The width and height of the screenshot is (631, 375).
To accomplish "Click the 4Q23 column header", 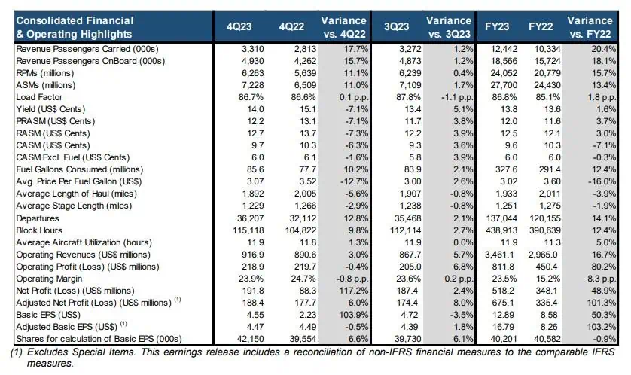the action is click(239, 26).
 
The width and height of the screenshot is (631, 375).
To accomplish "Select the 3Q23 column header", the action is click(396, 26).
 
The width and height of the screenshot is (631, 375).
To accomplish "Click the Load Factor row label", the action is click(39, 97).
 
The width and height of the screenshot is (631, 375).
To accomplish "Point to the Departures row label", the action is click(38, 218).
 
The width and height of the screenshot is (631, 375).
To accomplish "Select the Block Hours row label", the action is click(39, 230).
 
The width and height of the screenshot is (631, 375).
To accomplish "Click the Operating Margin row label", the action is click(49, 279).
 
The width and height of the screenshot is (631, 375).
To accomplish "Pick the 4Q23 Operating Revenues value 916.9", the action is click(253, 255).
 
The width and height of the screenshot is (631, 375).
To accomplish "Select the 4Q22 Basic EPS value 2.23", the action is click(307, 315).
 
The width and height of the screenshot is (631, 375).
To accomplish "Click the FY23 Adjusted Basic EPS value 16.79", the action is click(507, 327).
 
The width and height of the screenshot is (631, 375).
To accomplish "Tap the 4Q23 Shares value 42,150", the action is click(250, 339).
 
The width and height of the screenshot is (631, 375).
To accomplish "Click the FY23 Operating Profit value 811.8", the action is click(507, 267).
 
